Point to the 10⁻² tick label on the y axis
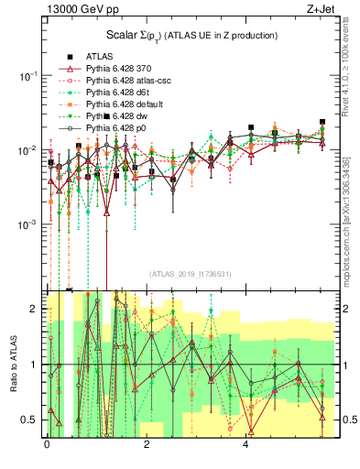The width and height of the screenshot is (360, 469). (26, 150)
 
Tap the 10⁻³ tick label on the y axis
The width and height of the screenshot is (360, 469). (26, 224)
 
